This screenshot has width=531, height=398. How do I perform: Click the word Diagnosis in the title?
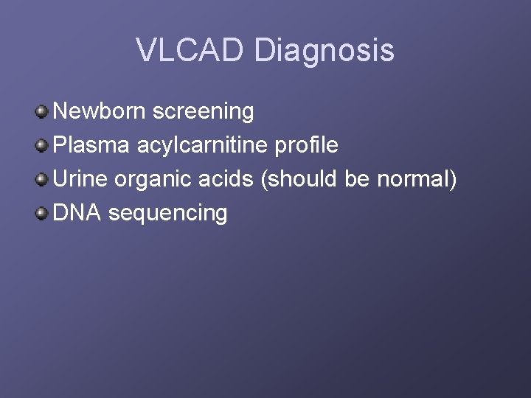pos(324,51)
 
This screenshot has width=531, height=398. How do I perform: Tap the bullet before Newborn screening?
pos(42,112)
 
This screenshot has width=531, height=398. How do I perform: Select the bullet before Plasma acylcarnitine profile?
pos(42,146)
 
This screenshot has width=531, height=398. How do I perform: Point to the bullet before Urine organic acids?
pos(42,180)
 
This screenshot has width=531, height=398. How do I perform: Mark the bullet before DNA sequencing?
pos(42,214)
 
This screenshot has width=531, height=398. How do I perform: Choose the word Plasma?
pos(92,146)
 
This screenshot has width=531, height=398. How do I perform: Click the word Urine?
pos(81,179)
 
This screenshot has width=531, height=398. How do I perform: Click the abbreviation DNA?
pos(78,213)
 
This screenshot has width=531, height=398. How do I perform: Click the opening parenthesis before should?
pos(264,180)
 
